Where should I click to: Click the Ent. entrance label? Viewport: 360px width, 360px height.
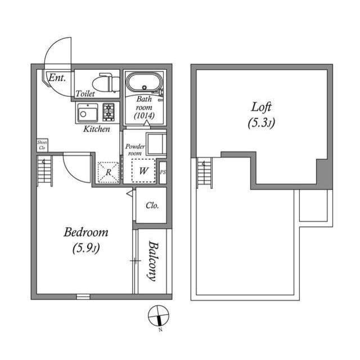pyautogui.click(x=57, y=78)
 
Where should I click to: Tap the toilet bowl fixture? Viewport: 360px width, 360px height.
pyautogui.click(x=109, y=83)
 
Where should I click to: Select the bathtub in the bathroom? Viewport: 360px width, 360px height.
pyautogui.click(x=144, y=85)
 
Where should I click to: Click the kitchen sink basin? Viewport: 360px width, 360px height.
pyautogui.click(x=86, y=113)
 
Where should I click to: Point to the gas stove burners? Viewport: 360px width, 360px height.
pyautogui.click(x=108, y=112)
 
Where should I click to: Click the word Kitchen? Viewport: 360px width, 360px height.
pyautogui.click(x=97, y=129)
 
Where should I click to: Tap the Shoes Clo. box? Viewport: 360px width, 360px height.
pyautogui.click(x=42, y=145)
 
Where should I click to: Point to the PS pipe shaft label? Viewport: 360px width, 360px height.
pyautogui.click(x=163, y=172)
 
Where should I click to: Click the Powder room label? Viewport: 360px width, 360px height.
pyautogui.click(x=136, y=150)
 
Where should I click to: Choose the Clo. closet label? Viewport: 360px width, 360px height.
pyautogui.click(x=152, y=205)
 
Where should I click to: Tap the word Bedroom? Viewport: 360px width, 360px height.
pyautogui.click(x=85, y=232)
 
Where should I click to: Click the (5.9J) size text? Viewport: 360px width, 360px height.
pyautogui.click(x=86, y=247)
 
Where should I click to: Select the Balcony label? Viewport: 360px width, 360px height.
pyautogui.click(x=152, y=260)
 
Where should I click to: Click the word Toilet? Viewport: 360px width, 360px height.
pyautogui.click(x=84, y=94)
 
